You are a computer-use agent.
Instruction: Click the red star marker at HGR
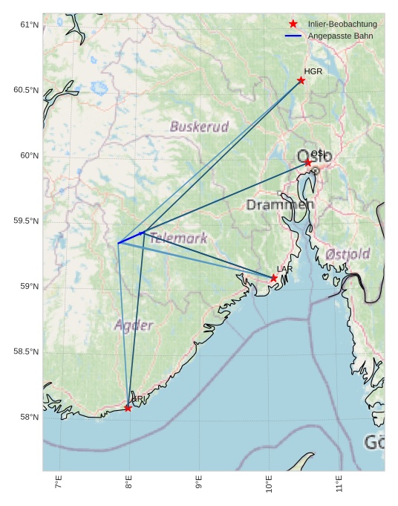301,80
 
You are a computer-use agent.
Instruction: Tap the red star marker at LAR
273,278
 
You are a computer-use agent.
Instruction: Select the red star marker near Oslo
307,162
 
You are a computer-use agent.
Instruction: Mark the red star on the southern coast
128,408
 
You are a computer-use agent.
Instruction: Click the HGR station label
313,71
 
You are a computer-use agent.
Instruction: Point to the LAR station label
285,269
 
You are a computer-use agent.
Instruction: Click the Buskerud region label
199,126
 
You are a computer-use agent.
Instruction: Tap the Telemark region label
178,239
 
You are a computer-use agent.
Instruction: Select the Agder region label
134,325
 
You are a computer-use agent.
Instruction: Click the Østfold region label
348,254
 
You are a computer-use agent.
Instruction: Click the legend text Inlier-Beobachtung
342,25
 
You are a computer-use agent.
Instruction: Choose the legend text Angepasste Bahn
340,36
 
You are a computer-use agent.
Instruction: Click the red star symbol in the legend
293,25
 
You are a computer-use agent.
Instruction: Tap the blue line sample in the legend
293,36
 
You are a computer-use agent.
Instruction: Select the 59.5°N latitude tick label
26,221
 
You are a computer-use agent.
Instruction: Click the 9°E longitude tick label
198,483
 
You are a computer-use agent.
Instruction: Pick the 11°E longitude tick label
339,483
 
